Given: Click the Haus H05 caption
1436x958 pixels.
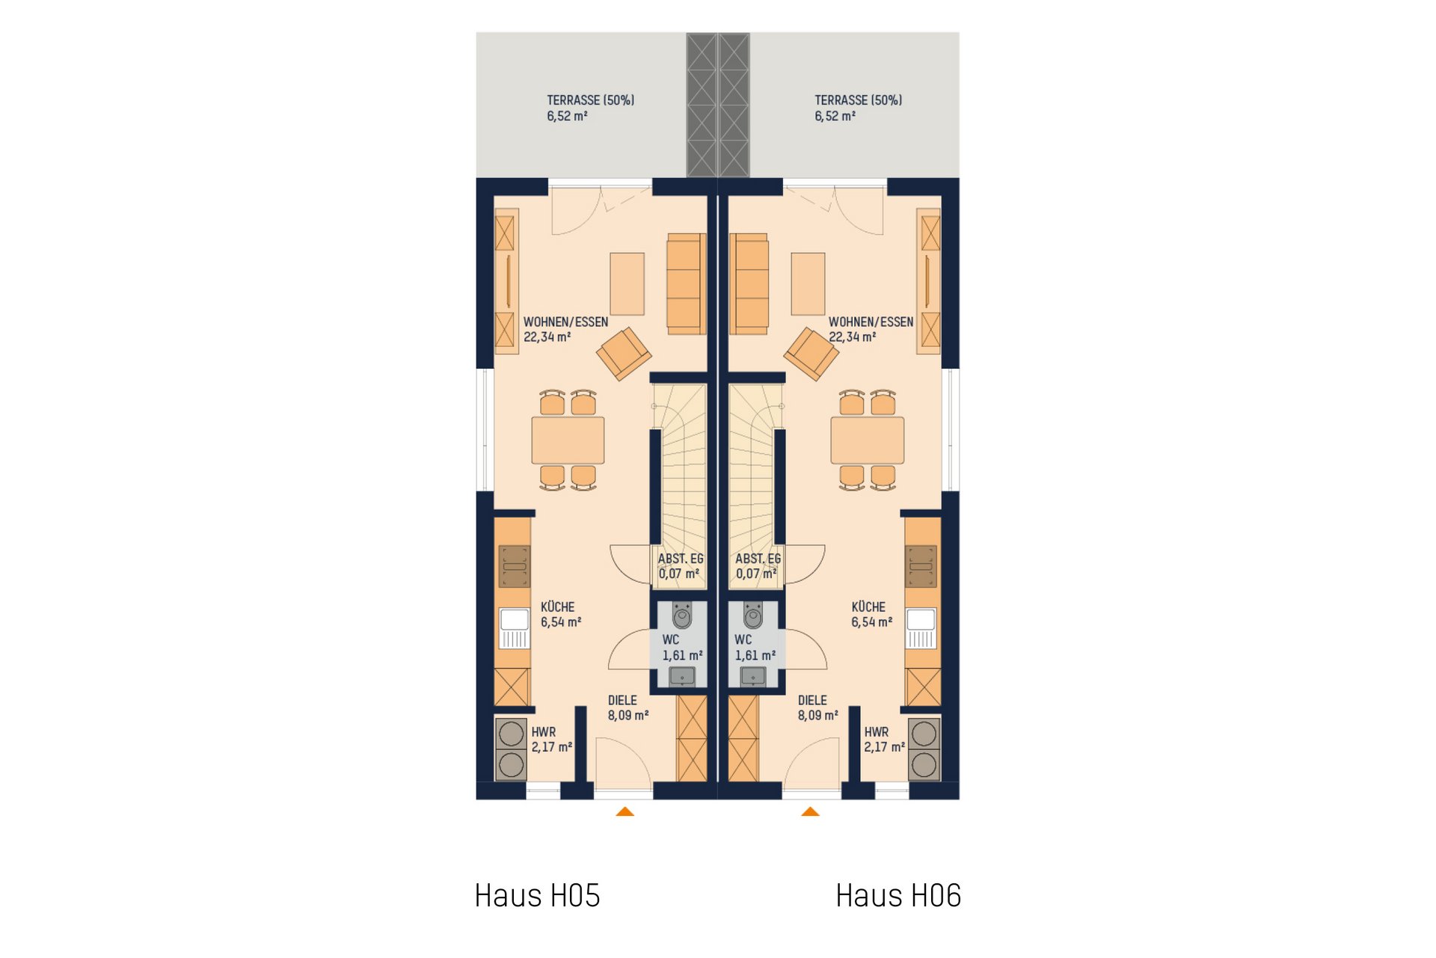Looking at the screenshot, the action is [x=537, y=895].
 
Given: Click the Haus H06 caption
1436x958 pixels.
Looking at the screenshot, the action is [x=898, y=895].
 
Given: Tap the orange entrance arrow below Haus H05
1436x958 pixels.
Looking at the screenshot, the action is [x=625, y=811].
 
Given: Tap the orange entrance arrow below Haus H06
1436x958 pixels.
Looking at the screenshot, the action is [x=810, y=811].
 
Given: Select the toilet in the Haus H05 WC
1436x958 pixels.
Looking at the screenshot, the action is [x=682, y=615].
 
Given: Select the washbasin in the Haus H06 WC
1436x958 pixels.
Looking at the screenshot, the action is [x=752, y=676].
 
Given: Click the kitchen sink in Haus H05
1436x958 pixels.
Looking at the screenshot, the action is [x=515, y=628].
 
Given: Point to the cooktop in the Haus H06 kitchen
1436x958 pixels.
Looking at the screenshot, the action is [x=921, y=566].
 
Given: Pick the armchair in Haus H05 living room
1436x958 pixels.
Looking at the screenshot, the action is [x=624, y=354].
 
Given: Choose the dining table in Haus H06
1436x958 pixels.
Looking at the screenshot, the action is [x=868, y=440].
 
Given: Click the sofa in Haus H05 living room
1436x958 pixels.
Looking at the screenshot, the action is [x=686, y=283].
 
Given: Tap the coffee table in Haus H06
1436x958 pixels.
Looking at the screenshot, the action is [x=808, y=283].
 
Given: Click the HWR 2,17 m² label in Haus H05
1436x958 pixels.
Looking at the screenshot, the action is [x=552, y=740].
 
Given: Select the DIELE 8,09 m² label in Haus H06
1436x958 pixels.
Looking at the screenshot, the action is [x=817, y=707].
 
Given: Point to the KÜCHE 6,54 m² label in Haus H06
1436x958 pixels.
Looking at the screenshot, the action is [x=871, y=614].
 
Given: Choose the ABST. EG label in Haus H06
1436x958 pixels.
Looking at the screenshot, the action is [x=758, y=559].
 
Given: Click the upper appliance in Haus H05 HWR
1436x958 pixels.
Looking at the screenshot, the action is [x=511, y=734].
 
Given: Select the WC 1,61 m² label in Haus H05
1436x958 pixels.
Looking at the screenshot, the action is [x=682, y=648].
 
